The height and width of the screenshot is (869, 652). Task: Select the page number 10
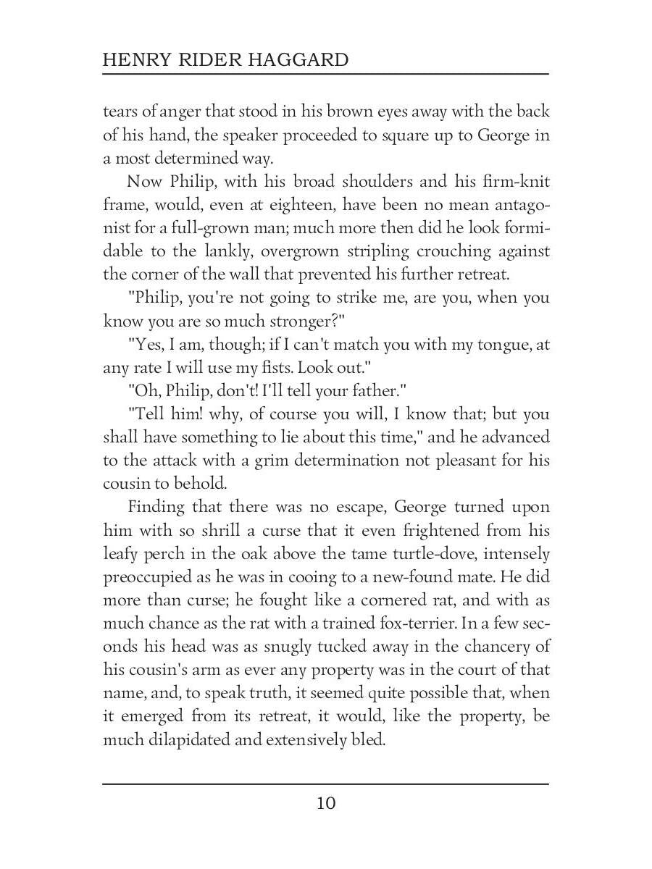[x=326, y=803]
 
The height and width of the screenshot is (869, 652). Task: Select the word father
[x=374, y=391]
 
